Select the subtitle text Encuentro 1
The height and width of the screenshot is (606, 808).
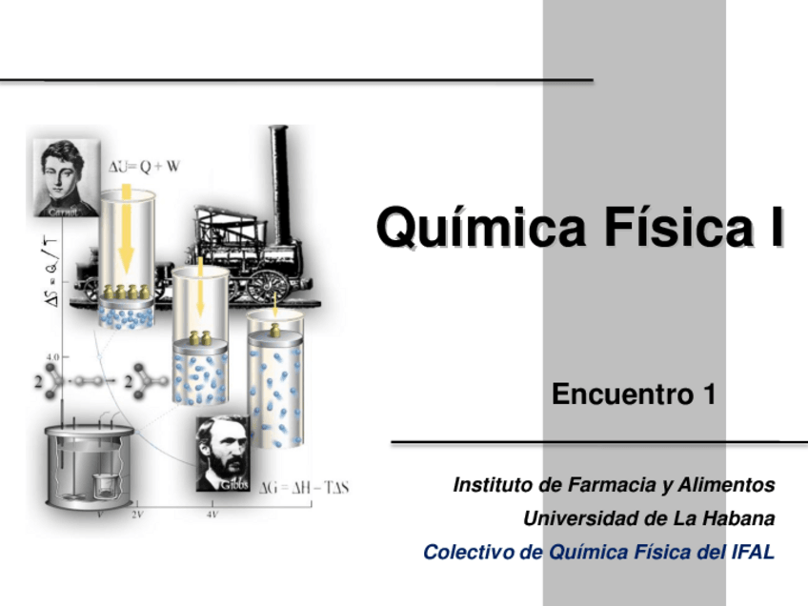point(634,394)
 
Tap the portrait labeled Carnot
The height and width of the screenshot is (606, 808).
point(64,177)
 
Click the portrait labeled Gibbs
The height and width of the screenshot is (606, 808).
point(224,454)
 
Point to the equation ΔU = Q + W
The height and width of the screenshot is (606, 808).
point(144,166)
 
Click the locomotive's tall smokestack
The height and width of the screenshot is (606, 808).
point(279,167)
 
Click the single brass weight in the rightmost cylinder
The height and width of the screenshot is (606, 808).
point(274,330)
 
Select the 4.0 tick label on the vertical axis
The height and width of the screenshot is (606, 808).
point(50,356)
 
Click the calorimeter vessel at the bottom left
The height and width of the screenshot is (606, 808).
point(88,462)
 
